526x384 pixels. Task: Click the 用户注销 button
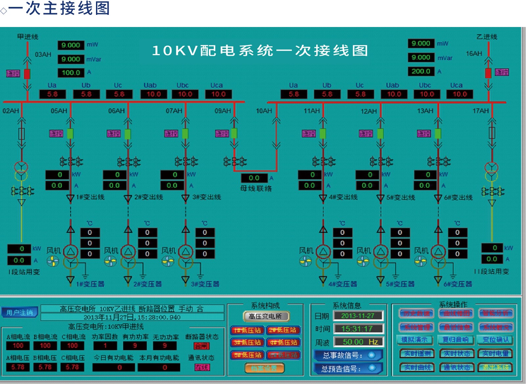click(x=20, y=312)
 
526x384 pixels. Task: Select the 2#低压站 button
click(x=283, y=330)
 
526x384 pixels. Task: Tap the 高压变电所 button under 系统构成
click(x=266, y=316)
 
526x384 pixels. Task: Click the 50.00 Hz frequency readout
click(x=359, y=342)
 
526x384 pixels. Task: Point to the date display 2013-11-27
click(x=358, y=316)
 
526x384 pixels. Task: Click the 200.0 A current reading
click(x=421, y=71)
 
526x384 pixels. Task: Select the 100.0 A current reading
click(x=71, y=72)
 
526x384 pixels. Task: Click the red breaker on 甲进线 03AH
click(x=27, y=74)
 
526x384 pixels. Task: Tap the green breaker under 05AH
click(x=70, y=133)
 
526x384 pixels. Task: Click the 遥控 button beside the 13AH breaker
click(x=424, y=133)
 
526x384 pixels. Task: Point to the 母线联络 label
click(x=256, y=188)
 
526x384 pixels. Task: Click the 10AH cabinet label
click(x=264, y=111)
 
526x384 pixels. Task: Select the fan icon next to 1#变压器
click(x=53, y=262)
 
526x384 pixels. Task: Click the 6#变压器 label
click(x=458, y=284)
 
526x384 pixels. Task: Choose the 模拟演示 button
click(x=414, y=340)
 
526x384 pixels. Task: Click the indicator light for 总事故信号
click(x=372, y=355)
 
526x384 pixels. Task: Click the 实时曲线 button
click(x=417, y=367)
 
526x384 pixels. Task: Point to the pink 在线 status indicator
click(x=202, y=367)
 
